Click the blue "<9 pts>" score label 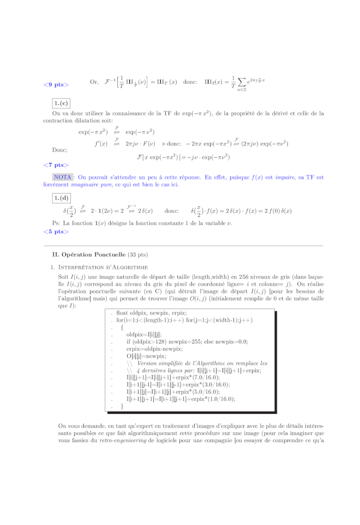click(x=56, y=85)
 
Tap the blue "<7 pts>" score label click(x=56, y=165)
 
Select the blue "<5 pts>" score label click(x=56, y=232)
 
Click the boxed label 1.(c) click(x=61, y=103)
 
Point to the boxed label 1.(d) click(x=61, y=197)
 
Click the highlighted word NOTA click(x=63, y=177)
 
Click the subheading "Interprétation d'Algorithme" click(x=103, y=267)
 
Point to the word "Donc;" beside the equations click(x=59, y=149)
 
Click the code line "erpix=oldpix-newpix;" click(x=147, y=349)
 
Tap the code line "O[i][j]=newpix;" click(x=139, y=356)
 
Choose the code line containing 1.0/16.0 click(x=181, y=399)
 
